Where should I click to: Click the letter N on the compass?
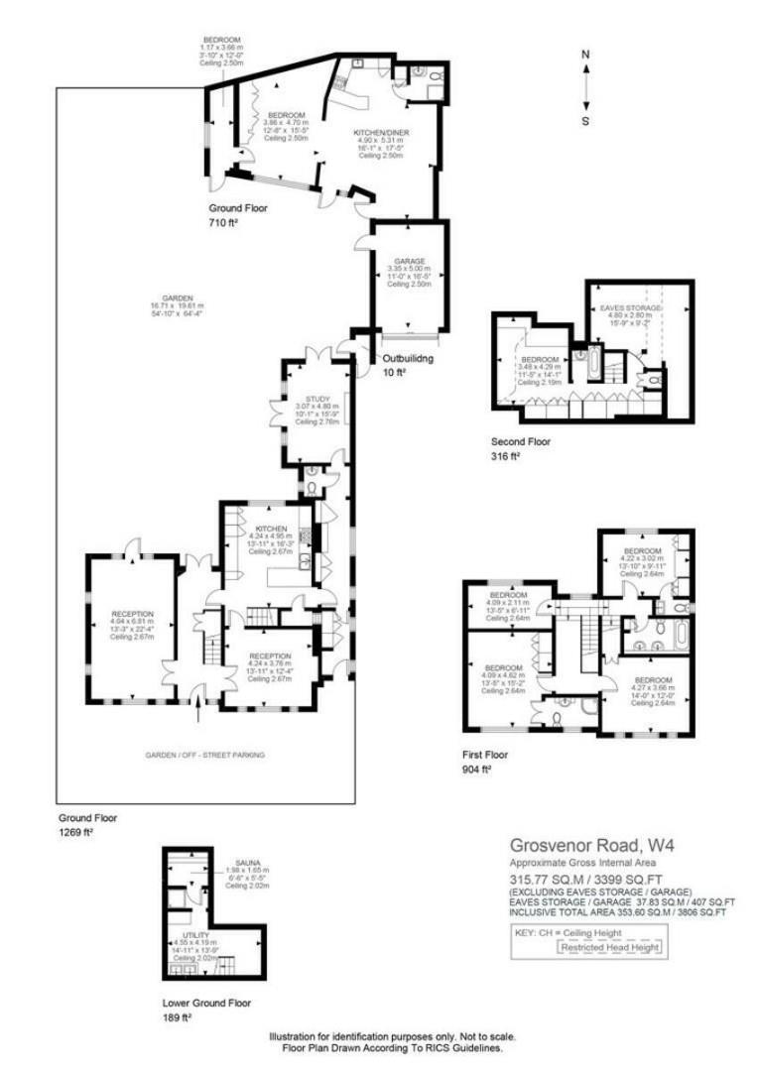click(585, 55)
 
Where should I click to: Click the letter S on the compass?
click(585, 121)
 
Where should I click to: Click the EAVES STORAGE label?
click(635, 309)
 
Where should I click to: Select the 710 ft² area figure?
click(221, 225)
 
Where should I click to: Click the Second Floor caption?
click(520, 442)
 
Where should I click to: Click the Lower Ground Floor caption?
click(206, 1002)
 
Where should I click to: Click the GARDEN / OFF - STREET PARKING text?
click(205, 755)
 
